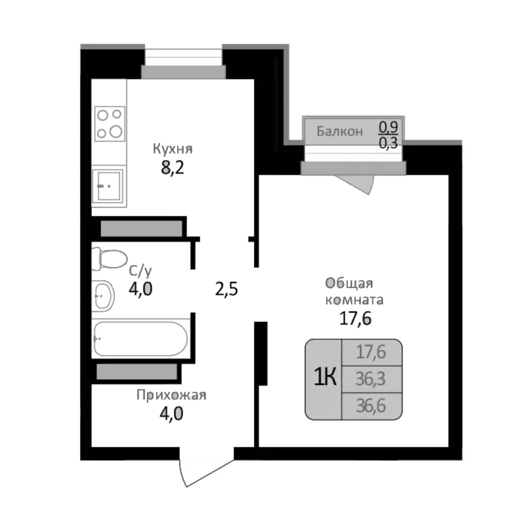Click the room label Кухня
173,149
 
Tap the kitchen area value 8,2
173,168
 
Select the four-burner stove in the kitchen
110,124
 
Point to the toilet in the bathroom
109,258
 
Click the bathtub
141,338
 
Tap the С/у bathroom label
140,271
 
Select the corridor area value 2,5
226,289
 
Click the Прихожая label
171,395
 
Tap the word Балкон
339,132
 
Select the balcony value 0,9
388,127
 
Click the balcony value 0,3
388,143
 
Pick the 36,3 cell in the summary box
370,379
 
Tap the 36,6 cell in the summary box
371,406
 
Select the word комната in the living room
354,300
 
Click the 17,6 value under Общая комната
355,318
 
